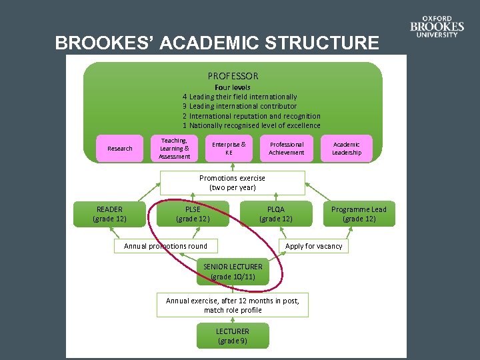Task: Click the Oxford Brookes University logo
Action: (x=437, y=27)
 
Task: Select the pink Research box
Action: (x=120, y=148)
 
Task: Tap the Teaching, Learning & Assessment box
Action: (x=175, y=148)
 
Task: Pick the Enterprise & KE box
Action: (x=229, y=148)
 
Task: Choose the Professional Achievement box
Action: (x=286, y=148)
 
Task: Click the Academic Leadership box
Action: (x=347, y=148)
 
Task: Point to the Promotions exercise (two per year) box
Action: (x=232, y=183)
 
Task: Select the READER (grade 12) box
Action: (x=109, y=214)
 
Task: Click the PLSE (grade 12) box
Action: (x=193, y=214)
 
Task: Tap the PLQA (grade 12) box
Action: (x=275, y=214)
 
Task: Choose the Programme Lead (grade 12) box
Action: (x=359, y=214)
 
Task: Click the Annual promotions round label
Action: (x=165, y=246)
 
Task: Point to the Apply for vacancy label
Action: (x=313, y=246)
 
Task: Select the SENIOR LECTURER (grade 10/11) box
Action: (x=233, y=271)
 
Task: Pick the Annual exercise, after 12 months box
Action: (x=233, y=305)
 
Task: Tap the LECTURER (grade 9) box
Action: (x=233, y=336)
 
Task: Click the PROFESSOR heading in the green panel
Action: (x=233, y=76)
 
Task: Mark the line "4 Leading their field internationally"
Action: (x=240, y=97)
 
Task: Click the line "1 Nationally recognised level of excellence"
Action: (x=251, y=125)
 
